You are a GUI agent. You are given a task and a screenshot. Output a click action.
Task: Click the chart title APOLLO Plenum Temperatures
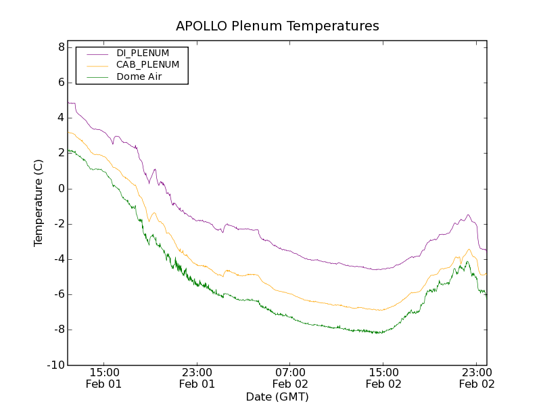(x=277, y=26)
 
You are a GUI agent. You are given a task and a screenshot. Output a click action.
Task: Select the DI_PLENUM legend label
(x=143, y=53)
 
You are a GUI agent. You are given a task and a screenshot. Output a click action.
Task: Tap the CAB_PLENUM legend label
(x=147, y=65)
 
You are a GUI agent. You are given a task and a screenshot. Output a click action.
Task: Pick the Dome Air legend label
(x=139, y=76)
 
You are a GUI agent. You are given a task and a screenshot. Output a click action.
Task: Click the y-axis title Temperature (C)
(x=39, y=203)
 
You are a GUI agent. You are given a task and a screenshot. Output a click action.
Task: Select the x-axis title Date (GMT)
(x=277, y=397)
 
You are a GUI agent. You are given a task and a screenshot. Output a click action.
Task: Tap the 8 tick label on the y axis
(x=61, y=47)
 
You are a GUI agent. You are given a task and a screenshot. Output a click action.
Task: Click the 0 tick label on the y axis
(x=61, y=189)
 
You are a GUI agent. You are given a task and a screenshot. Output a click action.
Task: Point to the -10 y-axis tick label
(x=57, y=365)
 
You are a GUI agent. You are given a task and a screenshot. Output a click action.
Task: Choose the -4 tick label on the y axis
(x=59, y=259)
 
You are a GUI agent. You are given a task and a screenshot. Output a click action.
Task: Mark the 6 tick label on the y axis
(x=61, y=83)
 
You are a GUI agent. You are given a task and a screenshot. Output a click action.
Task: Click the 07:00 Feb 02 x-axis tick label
(x=290, y=378)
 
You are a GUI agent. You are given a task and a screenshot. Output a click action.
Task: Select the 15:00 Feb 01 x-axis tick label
(x=104, y=378)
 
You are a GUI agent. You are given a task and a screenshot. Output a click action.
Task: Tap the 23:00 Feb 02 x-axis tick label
(x=477, y=378)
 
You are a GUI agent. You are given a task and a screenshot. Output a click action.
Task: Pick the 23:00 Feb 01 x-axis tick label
(x=197, y=378)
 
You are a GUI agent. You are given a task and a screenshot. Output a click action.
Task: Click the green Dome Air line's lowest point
(x=381, y=333)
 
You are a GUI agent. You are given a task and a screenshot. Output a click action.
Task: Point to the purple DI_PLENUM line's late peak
(x=467, y=215)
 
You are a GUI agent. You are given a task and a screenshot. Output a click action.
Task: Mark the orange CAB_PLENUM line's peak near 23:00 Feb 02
(x=468, y=249)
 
